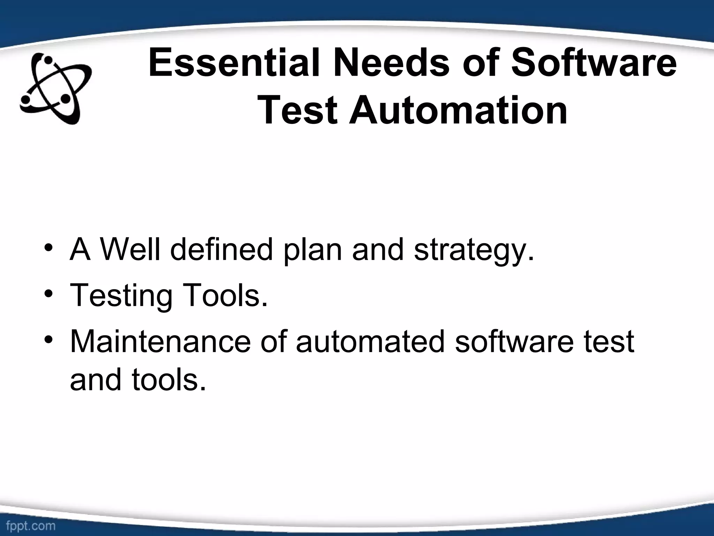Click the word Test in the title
299,111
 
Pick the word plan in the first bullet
312,251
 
